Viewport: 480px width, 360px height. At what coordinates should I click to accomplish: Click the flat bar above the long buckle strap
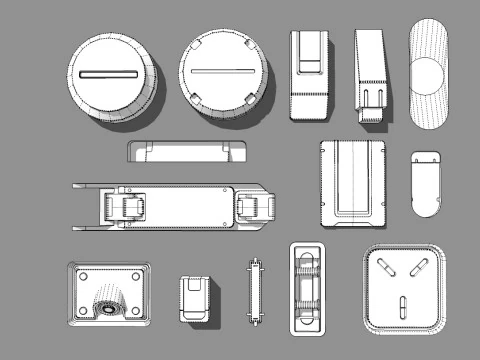click(x=187, y=153)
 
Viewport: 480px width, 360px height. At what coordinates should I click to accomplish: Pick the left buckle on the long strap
click(x=127, y=207)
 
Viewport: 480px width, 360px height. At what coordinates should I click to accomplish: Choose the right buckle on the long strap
click(x=255, y=206)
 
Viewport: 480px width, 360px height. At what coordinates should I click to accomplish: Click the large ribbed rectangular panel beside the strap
click(x=352, y=182)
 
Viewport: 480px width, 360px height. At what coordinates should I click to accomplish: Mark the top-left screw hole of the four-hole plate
click(x=85, y=276)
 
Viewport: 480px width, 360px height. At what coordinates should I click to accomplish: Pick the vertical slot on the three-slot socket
click(x=403, y=305)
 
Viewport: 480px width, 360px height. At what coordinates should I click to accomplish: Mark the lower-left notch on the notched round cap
click(x=198, y=99)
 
